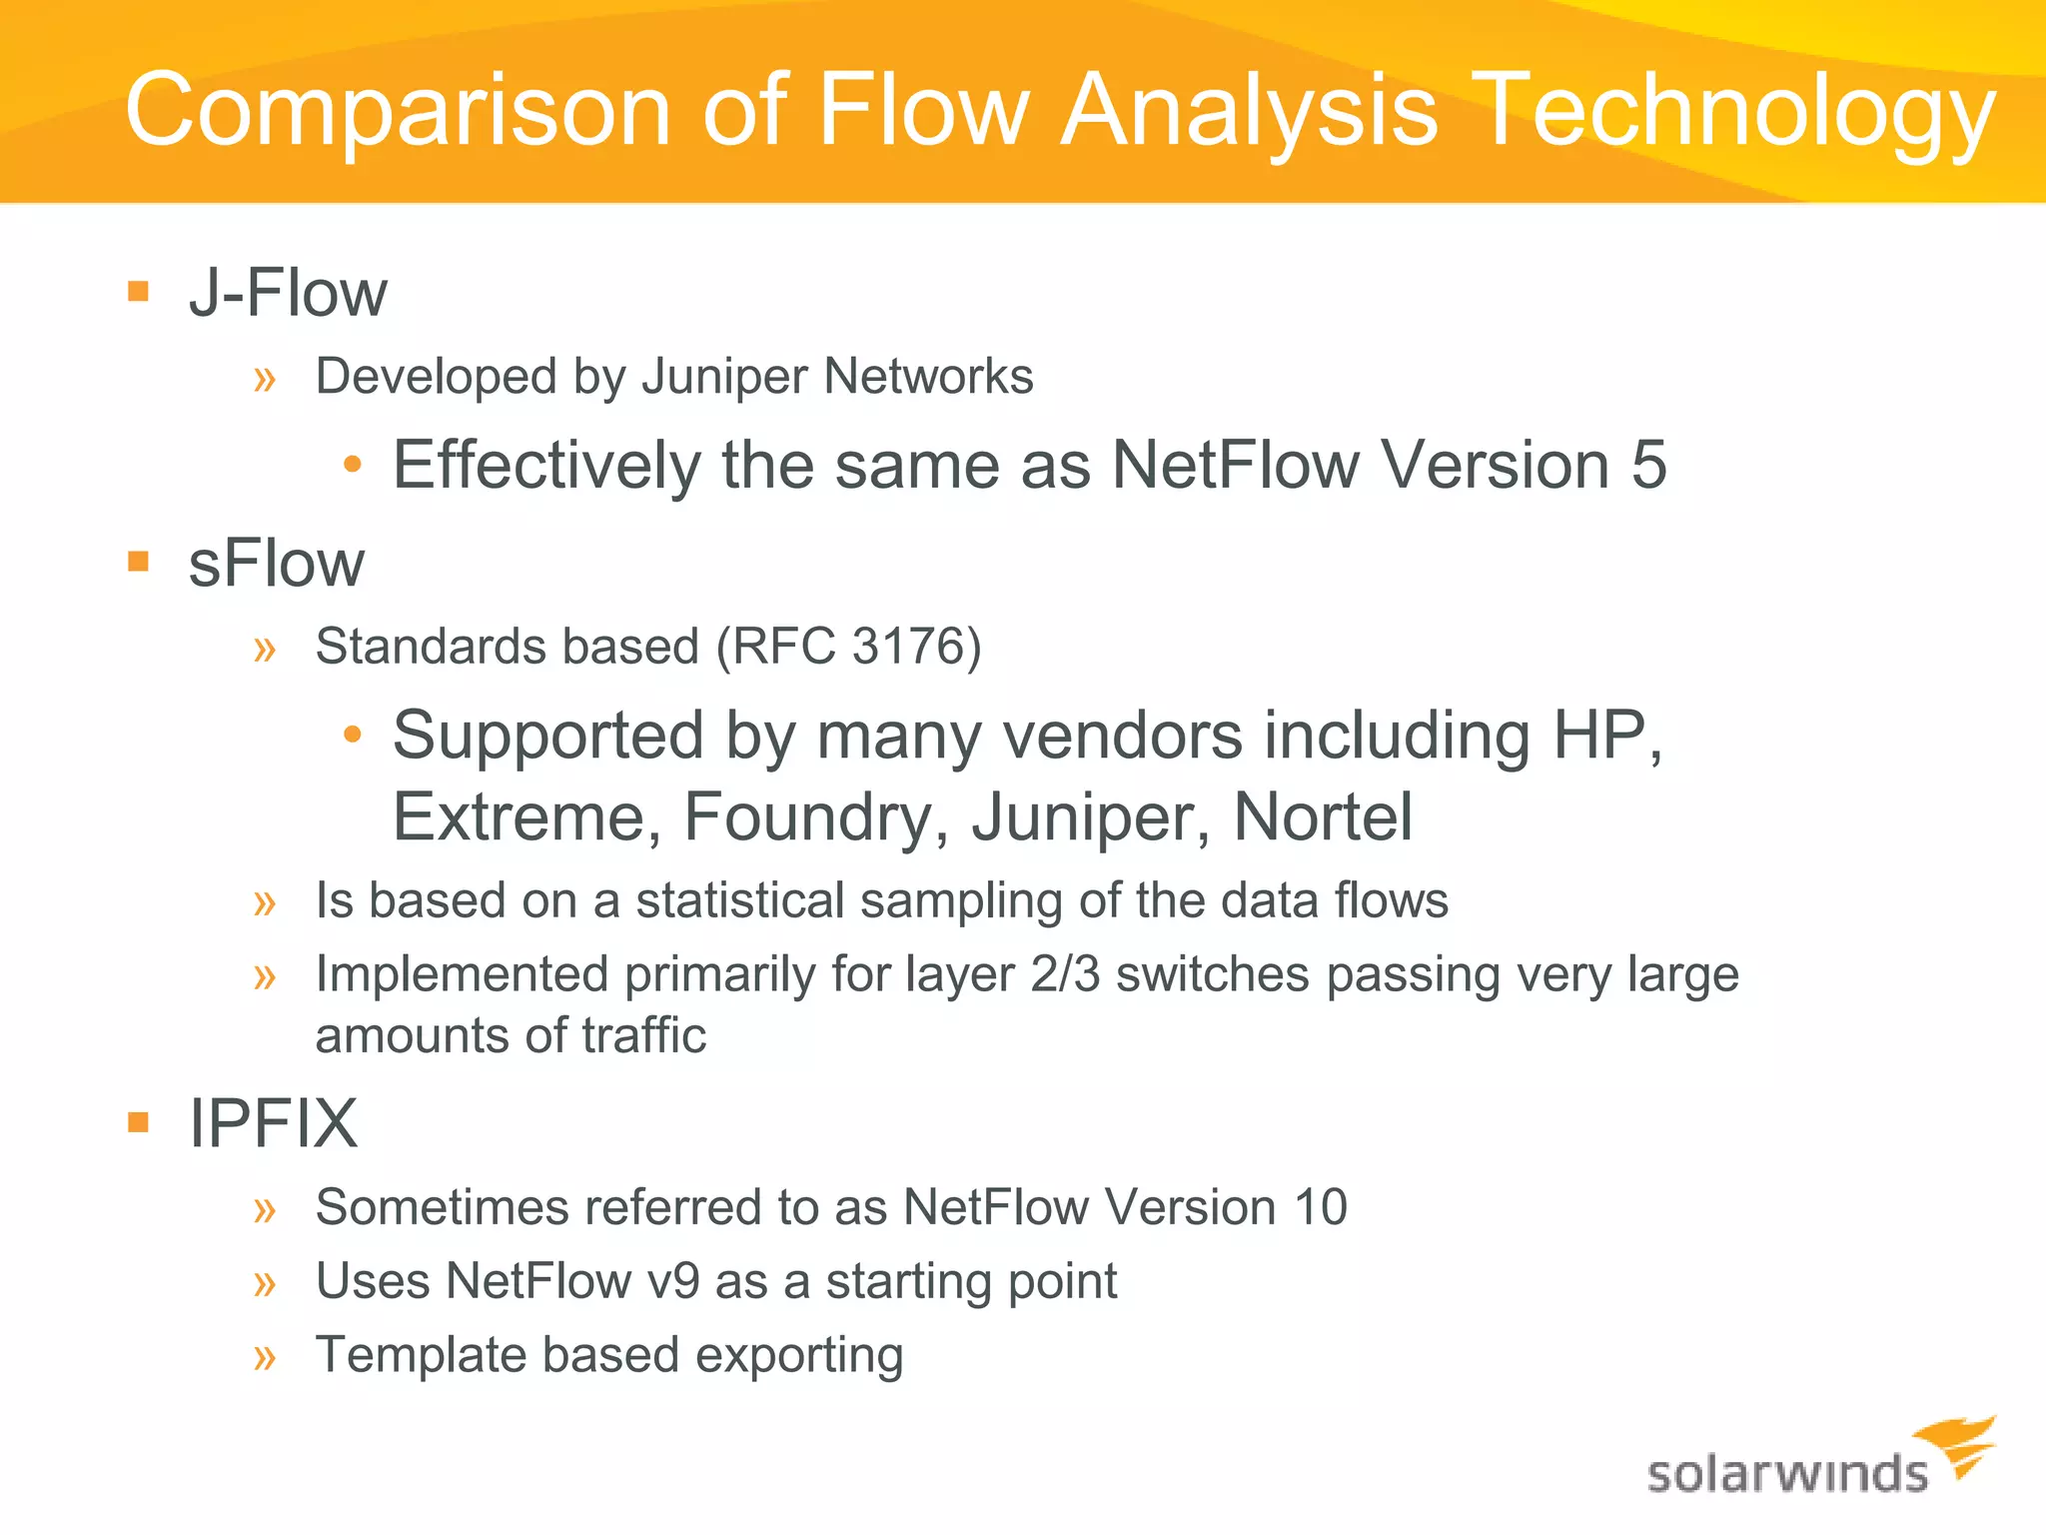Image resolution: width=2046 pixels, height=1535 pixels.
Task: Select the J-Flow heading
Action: tap(288, 294)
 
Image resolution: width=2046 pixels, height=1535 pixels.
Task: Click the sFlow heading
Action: tap(277, 564)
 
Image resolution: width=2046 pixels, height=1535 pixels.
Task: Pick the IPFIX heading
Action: tap(273, 1123)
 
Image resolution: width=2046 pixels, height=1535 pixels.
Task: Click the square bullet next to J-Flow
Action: tap(139, 292)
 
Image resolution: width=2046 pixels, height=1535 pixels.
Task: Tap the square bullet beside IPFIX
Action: tap(139, 1121)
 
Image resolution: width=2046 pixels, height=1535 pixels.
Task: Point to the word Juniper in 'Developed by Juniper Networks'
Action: tap(724, 378)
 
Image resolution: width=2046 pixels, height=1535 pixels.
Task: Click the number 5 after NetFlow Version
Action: tap(1648, 465)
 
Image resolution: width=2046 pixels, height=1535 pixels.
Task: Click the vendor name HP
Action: tap(1602, 736)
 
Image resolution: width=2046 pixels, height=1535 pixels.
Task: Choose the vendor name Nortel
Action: tap(1323, 817)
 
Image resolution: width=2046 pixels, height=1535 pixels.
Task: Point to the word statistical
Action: tap(740, 900)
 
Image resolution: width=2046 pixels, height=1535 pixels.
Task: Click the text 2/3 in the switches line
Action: tap(1065, 974)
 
